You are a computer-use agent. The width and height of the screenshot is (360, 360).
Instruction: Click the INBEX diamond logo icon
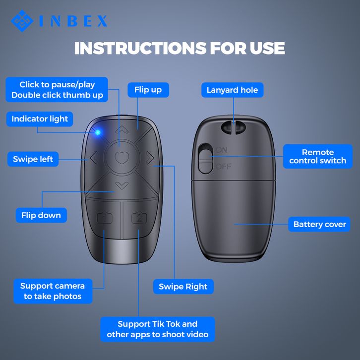point(22,21)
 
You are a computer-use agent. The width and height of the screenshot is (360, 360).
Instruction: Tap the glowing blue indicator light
point(98,132)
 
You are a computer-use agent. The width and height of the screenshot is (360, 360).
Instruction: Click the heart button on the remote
point(121,158)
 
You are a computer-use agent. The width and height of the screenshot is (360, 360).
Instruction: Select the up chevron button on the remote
point(121,129)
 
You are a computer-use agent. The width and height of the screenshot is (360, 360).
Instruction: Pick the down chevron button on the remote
point(122,185)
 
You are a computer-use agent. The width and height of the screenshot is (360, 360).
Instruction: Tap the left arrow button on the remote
point(94,158)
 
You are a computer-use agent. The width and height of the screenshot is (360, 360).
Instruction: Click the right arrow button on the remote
point(150,158)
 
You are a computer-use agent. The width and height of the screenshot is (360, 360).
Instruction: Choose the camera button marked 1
point(105,218)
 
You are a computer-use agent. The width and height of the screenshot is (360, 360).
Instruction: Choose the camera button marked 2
point(139,218)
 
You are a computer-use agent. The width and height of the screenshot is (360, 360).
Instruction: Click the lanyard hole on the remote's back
point(233,127)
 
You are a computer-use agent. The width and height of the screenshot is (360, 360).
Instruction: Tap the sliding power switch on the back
point(206,158)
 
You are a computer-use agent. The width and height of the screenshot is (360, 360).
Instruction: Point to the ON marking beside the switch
point(222,150)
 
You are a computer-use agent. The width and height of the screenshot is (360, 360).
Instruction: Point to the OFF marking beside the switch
point(224,167)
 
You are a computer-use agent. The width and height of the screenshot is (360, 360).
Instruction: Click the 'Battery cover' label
point(319,224)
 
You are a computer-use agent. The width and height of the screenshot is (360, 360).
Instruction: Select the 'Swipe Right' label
point(183,287)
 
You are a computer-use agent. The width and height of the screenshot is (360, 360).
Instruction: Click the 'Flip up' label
point(148,90)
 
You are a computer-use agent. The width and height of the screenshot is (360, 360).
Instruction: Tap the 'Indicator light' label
point(40,119)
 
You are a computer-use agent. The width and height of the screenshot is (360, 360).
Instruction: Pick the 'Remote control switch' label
point(317,156)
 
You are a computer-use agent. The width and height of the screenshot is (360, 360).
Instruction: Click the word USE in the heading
point(267,48)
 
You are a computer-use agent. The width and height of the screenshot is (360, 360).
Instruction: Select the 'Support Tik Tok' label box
point(158,329)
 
